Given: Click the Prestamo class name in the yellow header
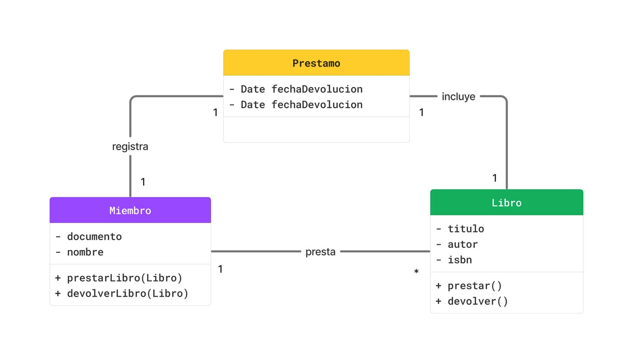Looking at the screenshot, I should (x=316, y=63).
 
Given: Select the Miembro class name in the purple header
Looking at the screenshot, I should (x=130, y=211).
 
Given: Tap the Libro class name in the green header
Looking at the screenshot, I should (x=506, y=203).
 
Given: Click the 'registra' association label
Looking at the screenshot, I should (x=130, y=147).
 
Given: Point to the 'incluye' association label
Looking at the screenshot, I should (x=458, y=97).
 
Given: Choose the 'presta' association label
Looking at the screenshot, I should (x=320, y=252).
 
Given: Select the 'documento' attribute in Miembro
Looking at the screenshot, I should (x=94, y=237).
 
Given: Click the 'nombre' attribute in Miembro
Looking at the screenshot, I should (x=85, y=252).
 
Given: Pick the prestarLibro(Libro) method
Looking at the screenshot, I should (x=124, y=278).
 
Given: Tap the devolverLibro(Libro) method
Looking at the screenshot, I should (x=128, y=294).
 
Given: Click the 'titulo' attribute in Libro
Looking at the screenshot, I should (x=466, y=229).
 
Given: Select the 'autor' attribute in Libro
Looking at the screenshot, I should (x=463, y=244).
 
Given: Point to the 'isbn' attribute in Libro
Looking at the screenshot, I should (x=459, y=260).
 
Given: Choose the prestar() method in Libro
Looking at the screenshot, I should (x=475, y=286).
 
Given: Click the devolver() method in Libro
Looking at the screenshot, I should (x=477, y=301).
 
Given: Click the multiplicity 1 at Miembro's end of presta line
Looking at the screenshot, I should (x=220, y=270).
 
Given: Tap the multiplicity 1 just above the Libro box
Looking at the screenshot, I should (x=495, y=178).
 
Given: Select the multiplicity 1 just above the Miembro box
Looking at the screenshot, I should (x=143, y=182).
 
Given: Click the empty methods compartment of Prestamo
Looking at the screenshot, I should (x=316, y=130).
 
